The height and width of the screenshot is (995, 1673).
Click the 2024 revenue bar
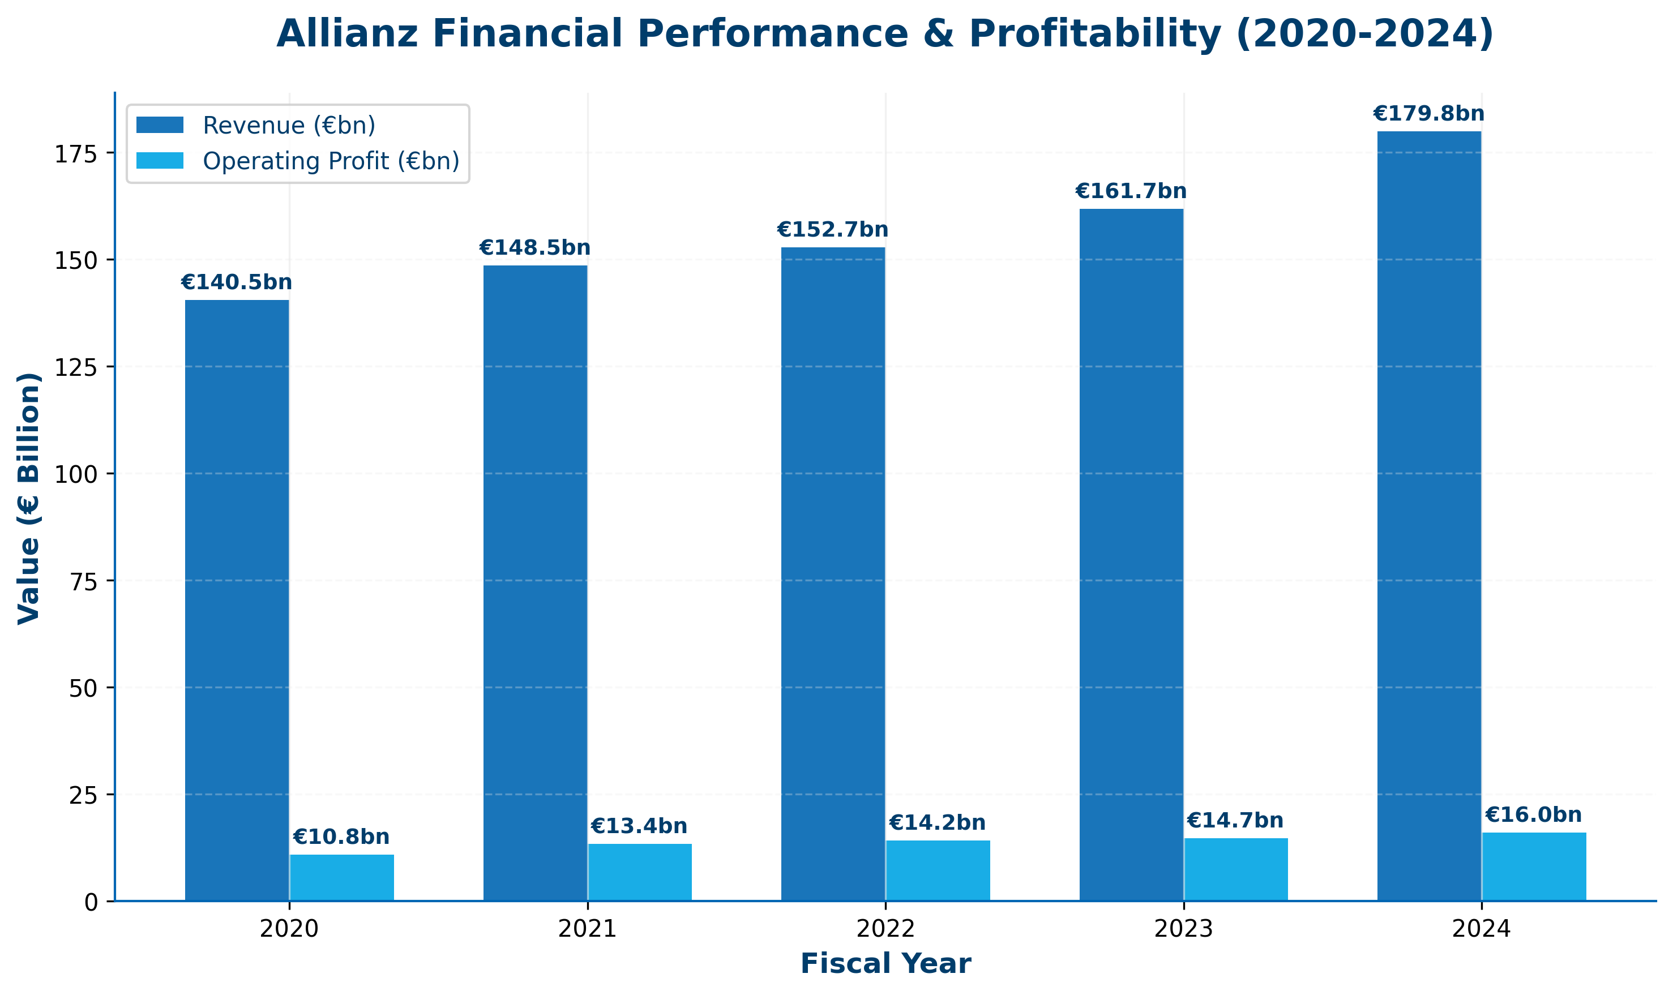click(x=1429, y=516)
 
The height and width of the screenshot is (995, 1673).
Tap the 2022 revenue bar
click(x=833, y=574)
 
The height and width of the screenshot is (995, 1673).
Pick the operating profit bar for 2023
click(x=1236, y=869)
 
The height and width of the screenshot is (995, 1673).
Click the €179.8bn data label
click(x=1429, y=114)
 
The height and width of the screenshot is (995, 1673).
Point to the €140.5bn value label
click(x=237, y=282)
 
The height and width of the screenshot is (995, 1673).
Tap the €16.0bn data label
click(x=1534, y=816)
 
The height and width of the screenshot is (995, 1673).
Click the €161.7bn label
click(x=1131, y=192)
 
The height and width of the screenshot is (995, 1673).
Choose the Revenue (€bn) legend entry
click(x=289, y=126)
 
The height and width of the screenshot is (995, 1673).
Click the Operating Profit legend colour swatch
click(x=160, y=161)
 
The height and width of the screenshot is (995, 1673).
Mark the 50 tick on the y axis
click(x=83, y=688)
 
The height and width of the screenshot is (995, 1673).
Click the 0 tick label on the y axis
click(x=91, y=903)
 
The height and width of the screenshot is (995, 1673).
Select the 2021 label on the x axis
click(x=588, y=929)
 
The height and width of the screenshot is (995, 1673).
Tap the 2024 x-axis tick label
click(x=1481, y=929)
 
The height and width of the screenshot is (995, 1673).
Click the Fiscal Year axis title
click(x=885, y=964)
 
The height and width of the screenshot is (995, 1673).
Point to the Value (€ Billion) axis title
click(x=29, y=498)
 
